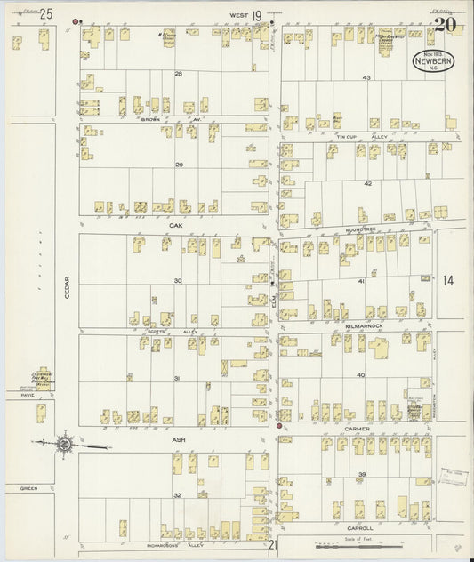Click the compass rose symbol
pyautogui.click(x=64, y=443)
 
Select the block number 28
pyautogui.click(x=179, y=73)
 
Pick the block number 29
pyautogui.click(x=179, y=165)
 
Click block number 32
pyautogui.click(x=177, y=494)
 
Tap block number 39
pyautogui.click(x=363, y=475)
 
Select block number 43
pyautogui.click(x=366, y=78)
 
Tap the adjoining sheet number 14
pyautogui.click(x=447, y=281)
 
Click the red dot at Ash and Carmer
pyautogui.click(x=280, y=426)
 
